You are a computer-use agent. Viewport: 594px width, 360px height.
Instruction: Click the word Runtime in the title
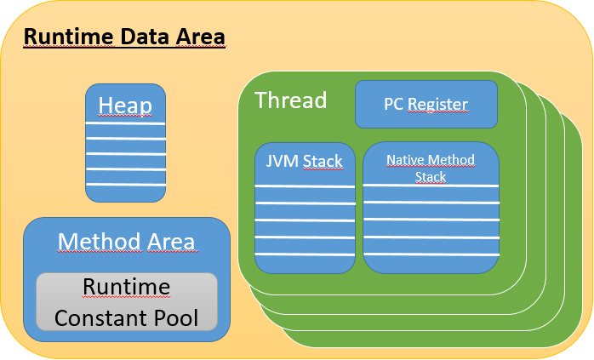69,37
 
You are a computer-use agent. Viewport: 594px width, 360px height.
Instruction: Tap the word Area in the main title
200,37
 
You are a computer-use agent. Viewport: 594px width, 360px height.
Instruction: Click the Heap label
125,106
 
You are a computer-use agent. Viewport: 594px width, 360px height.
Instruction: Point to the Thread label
290,100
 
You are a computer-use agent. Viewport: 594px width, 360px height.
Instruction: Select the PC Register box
426,104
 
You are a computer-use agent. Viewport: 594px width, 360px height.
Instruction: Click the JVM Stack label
304,161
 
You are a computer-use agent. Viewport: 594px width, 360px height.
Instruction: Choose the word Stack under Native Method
431,177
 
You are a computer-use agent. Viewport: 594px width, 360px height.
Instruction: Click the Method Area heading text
126,242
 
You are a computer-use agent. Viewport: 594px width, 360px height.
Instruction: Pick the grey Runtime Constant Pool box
127,301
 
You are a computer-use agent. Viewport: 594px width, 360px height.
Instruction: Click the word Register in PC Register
438,105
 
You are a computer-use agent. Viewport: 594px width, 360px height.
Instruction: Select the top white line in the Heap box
125,123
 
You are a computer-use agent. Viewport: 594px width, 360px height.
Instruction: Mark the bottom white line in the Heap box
126,185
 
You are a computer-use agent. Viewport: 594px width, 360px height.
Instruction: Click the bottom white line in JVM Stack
305,254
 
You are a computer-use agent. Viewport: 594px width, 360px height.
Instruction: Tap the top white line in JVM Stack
305,186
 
